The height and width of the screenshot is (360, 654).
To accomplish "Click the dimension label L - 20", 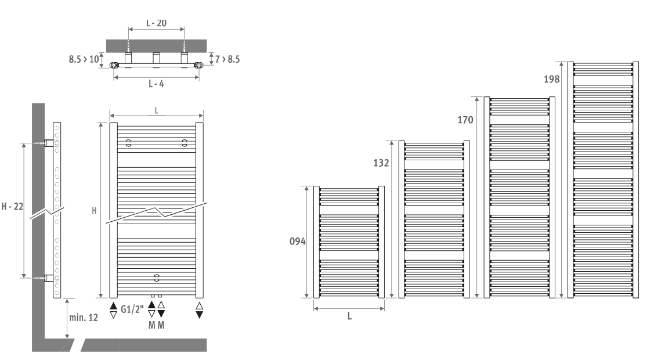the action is click(x=156, y=23).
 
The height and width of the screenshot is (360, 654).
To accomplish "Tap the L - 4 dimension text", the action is click(x=156, y=84).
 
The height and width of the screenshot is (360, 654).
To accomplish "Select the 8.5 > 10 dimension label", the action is click(x=84, y=59).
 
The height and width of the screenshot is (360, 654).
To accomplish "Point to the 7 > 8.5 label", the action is click(x=227, y=59).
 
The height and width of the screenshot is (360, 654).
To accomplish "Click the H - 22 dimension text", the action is click(x=12, y=207).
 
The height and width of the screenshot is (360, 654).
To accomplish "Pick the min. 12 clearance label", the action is click(x=84, y=318).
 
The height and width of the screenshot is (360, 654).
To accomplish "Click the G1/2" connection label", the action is click(x=132, y=309).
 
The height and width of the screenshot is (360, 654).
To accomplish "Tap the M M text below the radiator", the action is click(x=157, y=325).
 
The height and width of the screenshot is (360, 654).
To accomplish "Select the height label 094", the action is click(x=297, y=242).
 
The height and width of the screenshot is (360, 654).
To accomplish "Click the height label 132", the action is click(x=381, y=163).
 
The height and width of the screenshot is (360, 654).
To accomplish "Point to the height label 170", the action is click(x=465, y=120).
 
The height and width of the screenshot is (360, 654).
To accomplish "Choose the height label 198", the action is click(x=551, y=80).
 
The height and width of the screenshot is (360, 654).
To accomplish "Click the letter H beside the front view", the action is click(x=94, y=211).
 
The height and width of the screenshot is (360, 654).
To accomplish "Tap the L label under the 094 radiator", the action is click(x=349, y=316).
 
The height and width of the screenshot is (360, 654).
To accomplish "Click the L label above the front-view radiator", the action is click(x=157, y=110).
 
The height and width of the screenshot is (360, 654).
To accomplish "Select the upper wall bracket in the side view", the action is click(x=49, y=143).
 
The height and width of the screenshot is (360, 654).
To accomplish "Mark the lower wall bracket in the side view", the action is click(x=49, y=278).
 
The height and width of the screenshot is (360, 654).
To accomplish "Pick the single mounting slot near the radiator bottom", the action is click(x=157, y=278).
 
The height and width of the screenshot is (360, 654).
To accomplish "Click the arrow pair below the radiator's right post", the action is click(x=200, y=311).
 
